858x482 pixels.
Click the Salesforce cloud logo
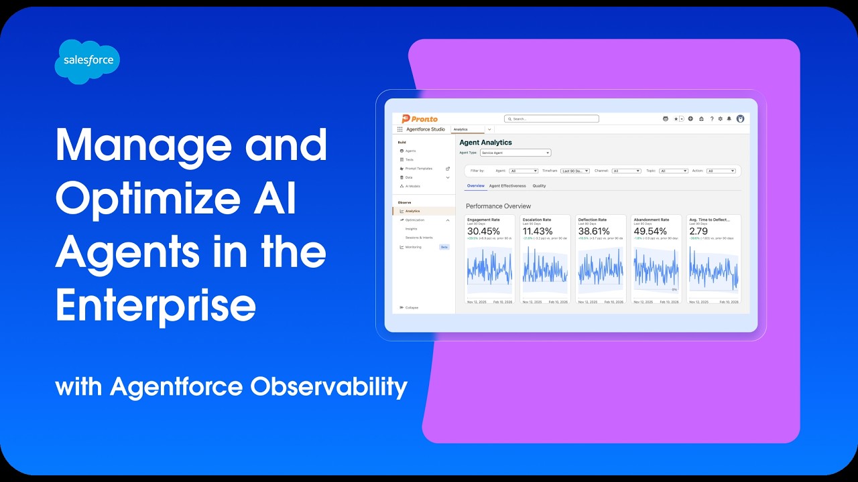[87, 61]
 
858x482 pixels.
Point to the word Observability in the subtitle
[328, 386]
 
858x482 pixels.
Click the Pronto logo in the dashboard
[420, 118]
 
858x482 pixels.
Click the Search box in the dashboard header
[552, 118]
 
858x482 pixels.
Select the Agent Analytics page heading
[485, 143]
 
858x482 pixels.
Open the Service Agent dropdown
[515, 153]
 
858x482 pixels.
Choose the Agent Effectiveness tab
[507, 185]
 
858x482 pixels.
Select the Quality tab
[539, 185]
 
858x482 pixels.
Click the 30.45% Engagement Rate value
[483, 232]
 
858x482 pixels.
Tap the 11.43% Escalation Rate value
[538, 232]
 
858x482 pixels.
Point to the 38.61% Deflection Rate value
[594, 232]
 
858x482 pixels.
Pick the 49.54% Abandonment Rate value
[650, 232]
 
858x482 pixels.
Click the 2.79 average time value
[698, 232]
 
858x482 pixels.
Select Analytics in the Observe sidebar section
[412, 211]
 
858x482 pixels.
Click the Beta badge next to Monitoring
[444, 247]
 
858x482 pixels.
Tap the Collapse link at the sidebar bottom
[412, 307]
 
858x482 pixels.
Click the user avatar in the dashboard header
[740, 118]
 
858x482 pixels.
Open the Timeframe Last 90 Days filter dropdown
[575, 171]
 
